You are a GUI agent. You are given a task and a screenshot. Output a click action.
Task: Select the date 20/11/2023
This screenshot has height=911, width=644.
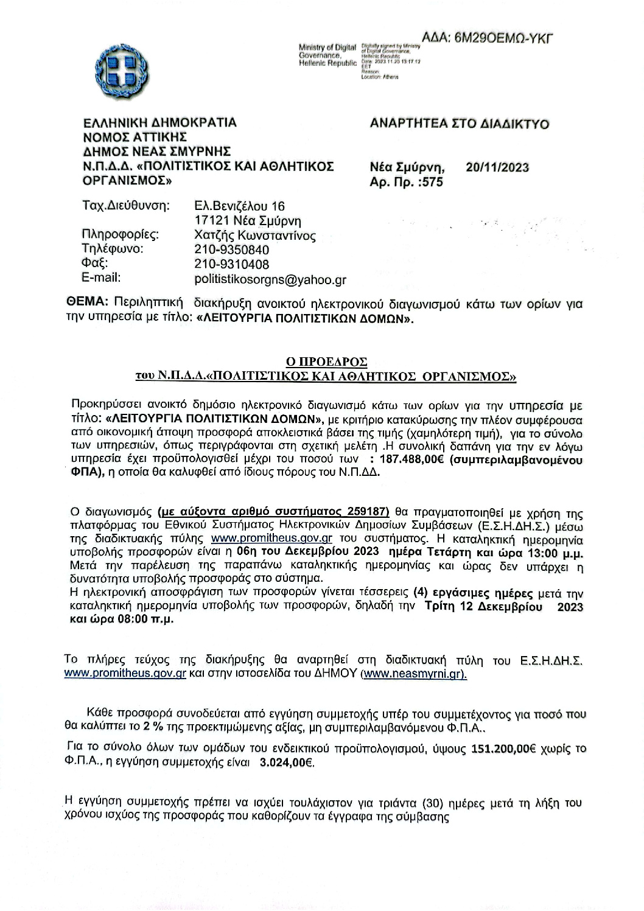(x=497, y=167)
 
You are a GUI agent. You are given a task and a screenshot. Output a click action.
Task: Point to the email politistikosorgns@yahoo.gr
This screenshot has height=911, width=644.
(x=270, y=279)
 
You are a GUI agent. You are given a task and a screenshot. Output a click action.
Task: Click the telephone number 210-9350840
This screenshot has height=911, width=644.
(x=231, y=250)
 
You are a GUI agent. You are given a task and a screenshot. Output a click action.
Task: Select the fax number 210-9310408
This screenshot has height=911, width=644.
(x=231, y=264)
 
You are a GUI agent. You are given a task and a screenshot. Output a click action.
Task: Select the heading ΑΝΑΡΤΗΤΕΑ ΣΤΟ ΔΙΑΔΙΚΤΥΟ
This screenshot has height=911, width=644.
(x=460, y=124)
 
